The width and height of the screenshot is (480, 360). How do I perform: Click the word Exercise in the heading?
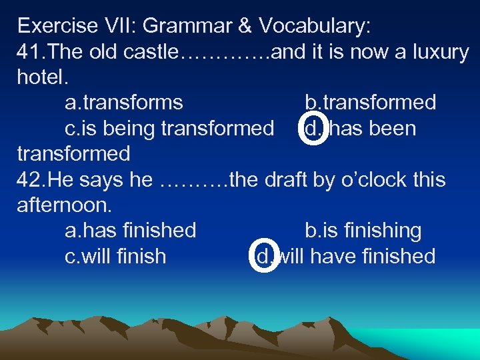[57, 26]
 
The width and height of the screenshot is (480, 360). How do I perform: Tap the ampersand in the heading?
[244, 26]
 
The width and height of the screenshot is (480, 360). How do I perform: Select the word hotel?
[42, 77]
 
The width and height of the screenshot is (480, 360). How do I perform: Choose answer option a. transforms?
[124, 103]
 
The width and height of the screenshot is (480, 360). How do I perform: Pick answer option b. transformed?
[371, 103]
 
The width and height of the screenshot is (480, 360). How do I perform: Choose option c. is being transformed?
[169, 128]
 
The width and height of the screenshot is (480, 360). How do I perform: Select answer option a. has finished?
[131, 231]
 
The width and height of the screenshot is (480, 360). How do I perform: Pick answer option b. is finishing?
[363, 231]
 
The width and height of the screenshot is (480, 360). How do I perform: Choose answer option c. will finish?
[116, 256]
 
